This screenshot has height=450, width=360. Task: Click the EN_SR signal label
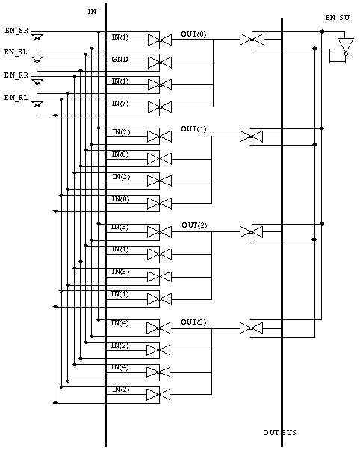click(x=16, y=31)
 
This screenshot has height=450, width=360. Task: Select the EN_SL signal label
click(x=16, y=52)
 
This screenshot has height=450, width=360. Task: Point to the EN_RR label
click(x=16, y=75)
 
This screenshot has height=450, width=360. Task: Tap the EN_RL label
click(x=16, y=98)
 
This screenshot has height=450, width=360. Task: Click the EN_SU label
click(x=338, y=18)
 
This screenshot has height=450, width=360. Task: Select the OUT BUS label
click(x=279, y=433)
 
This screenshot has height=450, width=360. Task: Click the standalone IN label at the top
click(x=92, y=12)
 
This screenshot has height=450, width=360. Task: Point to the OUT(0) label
click(x=193, y=34)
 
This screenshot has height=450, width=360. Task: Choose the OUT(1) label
click(x=193, y=129)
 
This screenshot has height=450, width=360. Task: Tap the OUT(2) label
click(x=194, y=225)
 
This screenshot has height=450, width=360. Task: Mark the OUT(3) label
click(x=193, y=322)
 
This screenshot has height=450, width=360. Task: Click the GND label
click(x=120, y=60)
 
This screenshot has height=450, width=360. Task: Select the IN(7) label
click(x=120, y=104)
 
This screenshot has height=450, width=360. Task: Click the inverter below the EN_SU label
click(x=346, y=46)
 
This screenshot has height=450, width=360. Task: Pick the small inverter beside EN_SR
click(x=37, y=37)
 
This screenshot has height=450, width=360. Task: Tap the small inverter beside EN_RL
click(x=37, y=104)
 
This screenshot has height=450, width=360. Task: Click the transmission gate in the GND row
click(x=160, y=63)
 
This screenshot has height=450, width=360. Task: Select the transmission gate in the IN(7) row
click(x=160, y=107)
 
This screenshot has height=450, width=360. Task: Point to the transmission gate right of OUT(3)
click(x=252, y=328)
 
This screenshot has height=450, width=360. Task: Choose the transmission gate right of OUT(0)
click(x=252, y=40)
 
